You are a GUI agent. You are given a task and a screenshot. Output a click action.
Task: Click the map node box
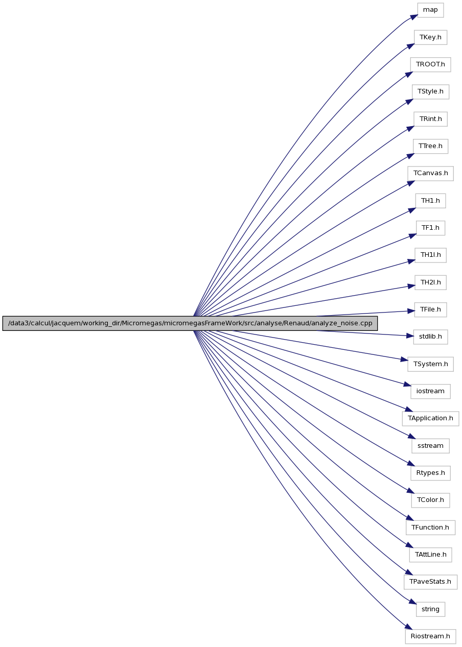click(430, 10)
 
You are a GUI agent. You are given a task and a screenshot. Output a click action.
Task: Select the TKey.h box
click(430, 37)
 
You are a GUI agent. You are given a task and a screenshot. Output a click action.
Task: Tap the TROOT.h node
click(430, 64)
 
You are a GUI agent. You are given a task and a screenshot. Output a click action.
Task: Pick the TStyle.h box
click(430, 92)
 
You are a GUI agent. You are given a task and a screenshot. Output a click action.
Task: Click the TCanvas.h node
click(430, 174)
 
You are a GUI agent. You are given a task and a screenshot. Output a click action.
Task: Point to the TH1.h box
click(430, 201)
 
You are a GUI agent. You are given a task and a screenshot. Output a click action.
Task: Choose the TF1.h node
click(430, 228)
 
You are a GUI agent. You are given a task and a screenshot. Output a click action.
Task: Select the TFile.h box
click(430, 309)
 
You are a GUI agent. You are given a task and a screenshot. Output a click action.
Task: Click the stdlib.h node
click(430, 337)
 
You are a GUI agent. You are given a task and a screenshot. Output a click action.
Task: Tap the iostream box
click(430, 391)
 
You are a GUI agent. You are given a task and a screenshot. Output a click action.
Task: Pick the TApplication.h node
click(430, 419)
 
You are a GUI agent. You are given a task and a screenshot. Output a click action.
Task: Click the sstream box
click(430, 446)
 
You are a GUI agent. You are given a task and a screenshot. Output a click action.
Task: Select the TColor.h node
click(430, 500)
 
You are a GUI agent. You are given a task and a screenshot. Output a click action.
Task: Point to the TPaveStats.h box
click(430, 582)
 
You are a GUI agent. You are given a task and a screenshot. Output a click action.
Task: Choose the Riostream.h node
click(430, 637)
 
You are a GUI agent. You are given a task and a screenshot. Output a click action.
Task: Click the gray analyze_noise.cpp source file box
click(190, 323)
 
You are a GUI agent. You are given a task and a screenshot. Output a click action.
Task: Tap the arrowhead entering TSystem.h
click(404, 360)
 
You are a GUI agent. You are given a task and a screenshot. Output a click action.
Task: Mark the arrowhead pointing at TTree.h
click(411, 156)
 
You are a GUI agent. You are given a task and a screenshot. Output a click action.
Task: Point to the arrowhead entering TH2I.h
click(412, 286)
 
